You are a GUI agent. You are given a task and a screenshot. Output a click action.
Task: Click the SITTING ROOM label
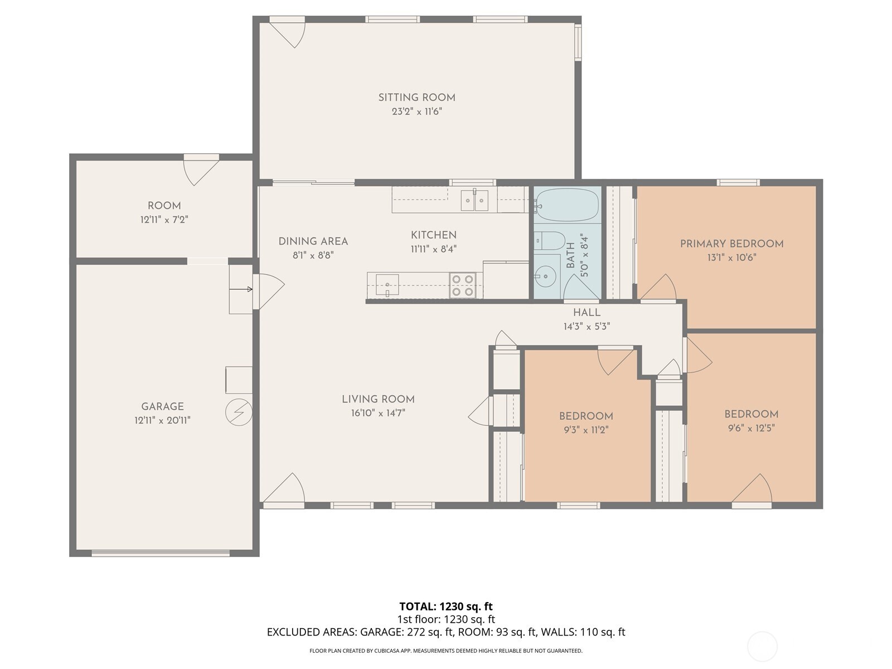pyautogui.click(x=416, y=98)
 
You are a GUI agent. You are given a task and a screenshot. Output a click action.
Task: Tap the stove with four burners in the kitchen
pyautogui.click(x=463, y=285)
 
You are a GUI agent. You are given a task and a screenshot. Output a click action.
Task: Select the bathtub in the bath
pyautogui.click(x=567, y=205)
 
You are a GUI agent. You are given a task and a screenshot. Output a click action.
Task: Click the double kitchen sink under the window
pyautogui.click(x=474, y=201)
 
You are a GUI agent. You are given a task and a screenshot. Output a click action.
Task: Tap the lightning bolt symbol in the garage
pyautogui.click(x=239, y=413)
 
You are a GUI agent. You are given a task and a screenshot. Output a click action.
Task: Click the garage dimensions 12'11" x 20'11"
pyautogui.click(x=162, y=421)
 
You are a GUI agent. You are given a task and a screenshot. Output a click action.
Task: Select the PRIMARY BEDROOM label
pyautogui.click(x=731, y=244)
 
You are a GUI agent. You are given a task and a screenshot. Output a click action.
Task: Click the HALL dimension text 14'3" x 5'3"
pyautogui.click(x=586, y=327)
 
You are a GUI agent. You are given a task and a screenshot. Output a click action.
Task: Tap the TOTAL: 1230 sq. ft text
pyautogui.click(x=445, y=607)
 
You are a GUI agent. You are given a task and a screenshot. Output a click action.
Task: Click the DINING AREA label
pyautogui.click(x=313, y=241)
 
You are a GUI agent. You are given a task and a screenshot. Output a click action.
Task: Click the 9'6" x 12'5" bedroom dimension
pyautogui.click(x=751, y=428)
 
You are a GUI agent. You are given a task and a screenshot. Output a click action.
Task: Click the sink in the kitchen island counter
pyautogui.click(x=387, y=284)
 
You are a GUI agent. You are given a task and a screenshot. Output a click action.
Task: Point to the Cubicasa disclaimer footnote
pyautogui.click(x=445, y=651)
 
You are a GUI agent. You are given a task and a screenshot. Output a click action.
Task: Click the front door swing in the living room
pyautogui.click(x=285, y=489)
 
